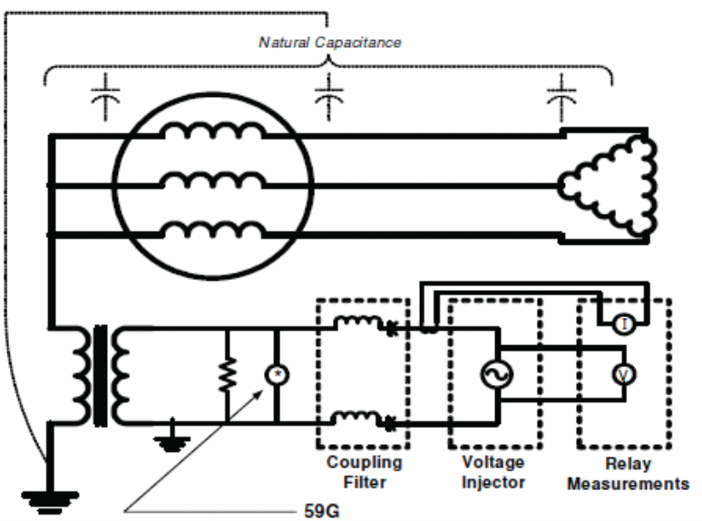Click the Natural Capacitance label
[329, 42]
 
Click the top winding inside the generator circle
[214, 132]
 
